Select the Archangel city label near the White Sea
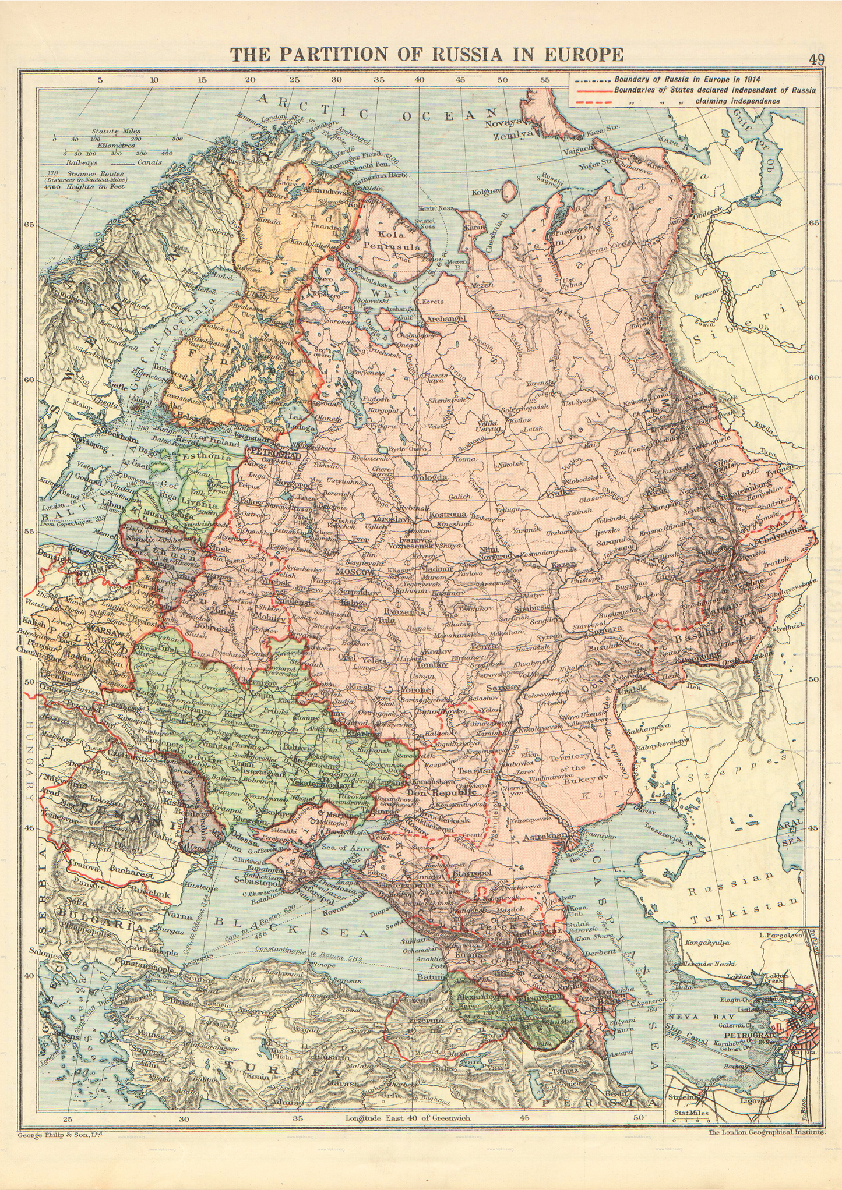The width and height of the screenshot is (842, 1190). coord(446,319)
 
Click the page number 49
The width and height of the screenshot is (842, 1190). coord(816,59)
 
